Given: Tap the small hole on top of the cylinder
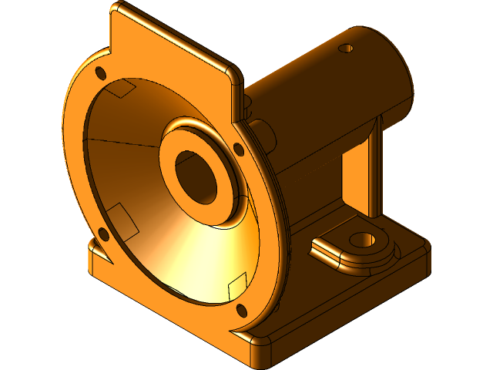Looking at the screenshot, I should [346, 49].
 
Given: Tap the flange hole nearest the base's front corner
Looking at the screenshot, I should [241, 311].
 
